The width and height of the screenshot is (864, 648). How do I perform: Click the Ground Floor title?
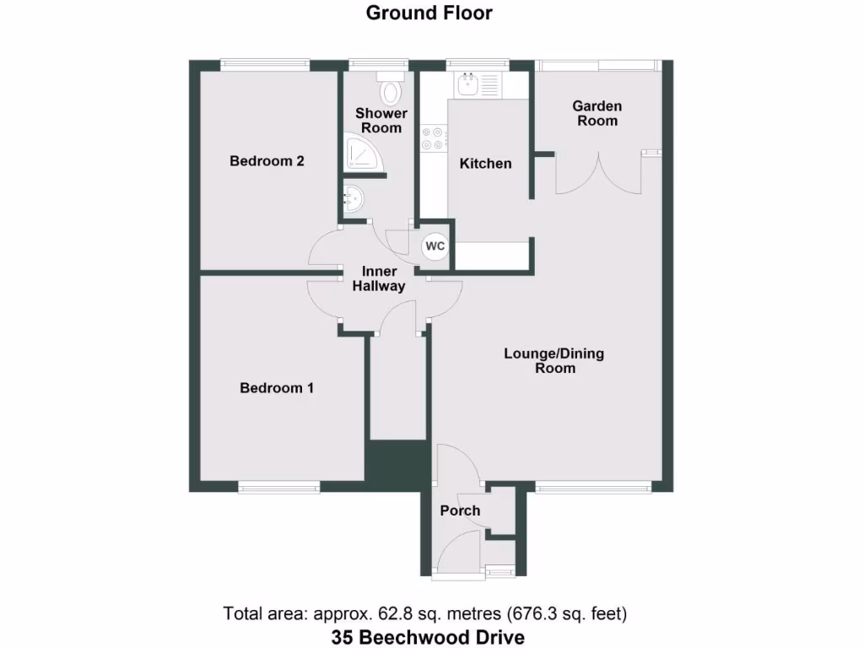(x=429, y=13)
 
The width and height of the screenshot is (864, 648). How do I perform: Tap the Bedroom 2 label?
(x=267, y=161)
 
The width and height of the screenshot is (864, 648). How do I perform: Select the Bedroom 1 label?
(x=277, y=388)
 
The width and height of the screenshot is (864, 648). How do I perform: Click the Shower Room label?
(x=381, y=121)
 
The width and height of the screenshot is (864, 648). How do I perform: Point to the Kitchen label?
(x=485, y=164)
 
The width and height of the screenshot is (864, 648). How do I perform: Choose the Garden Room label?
(x=597, y=113)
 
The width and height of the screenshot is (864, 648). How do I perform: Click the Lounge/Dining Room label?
(x=554, y=360)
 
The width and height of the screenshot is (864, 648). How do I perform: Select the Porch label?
(x=460, y=510)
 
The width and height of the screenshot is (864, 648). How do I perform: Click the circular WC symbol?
(x=435, y=246)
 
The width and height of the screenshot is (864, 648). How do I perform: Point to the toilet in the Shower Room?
(x=391, y=87)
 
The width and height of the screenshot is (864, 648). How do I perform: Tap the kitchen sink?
(x=467, y=84)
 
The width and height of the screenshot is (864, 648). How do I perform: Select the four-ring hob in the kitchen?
(x=434, y=138)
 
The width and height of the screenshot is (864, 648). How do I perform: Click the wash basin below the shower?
(x=354, y=200)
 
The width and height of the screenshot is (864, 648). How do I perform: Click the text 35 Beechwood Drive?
(x=428, y=636)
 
